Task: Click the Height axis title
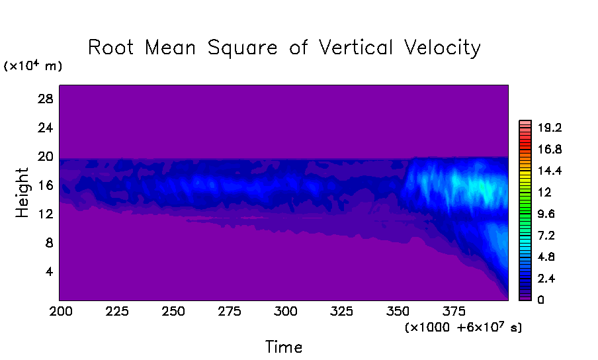(x=23, y=193)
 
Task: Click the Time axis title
(x=284, y=347)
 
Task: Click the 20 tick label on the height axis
(x=44, y=156)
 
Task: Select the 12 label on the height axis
(x=44, y=214)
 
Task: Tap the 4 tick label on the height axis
(x=47, y=271)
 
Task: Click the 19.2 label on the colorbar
(x=550, y=128)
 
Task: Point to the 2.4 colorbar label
(x=547, y=279)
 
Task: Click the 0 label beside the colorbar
(x=540, y=300)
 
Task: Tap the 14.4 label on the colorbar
(x=550, y=171)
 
